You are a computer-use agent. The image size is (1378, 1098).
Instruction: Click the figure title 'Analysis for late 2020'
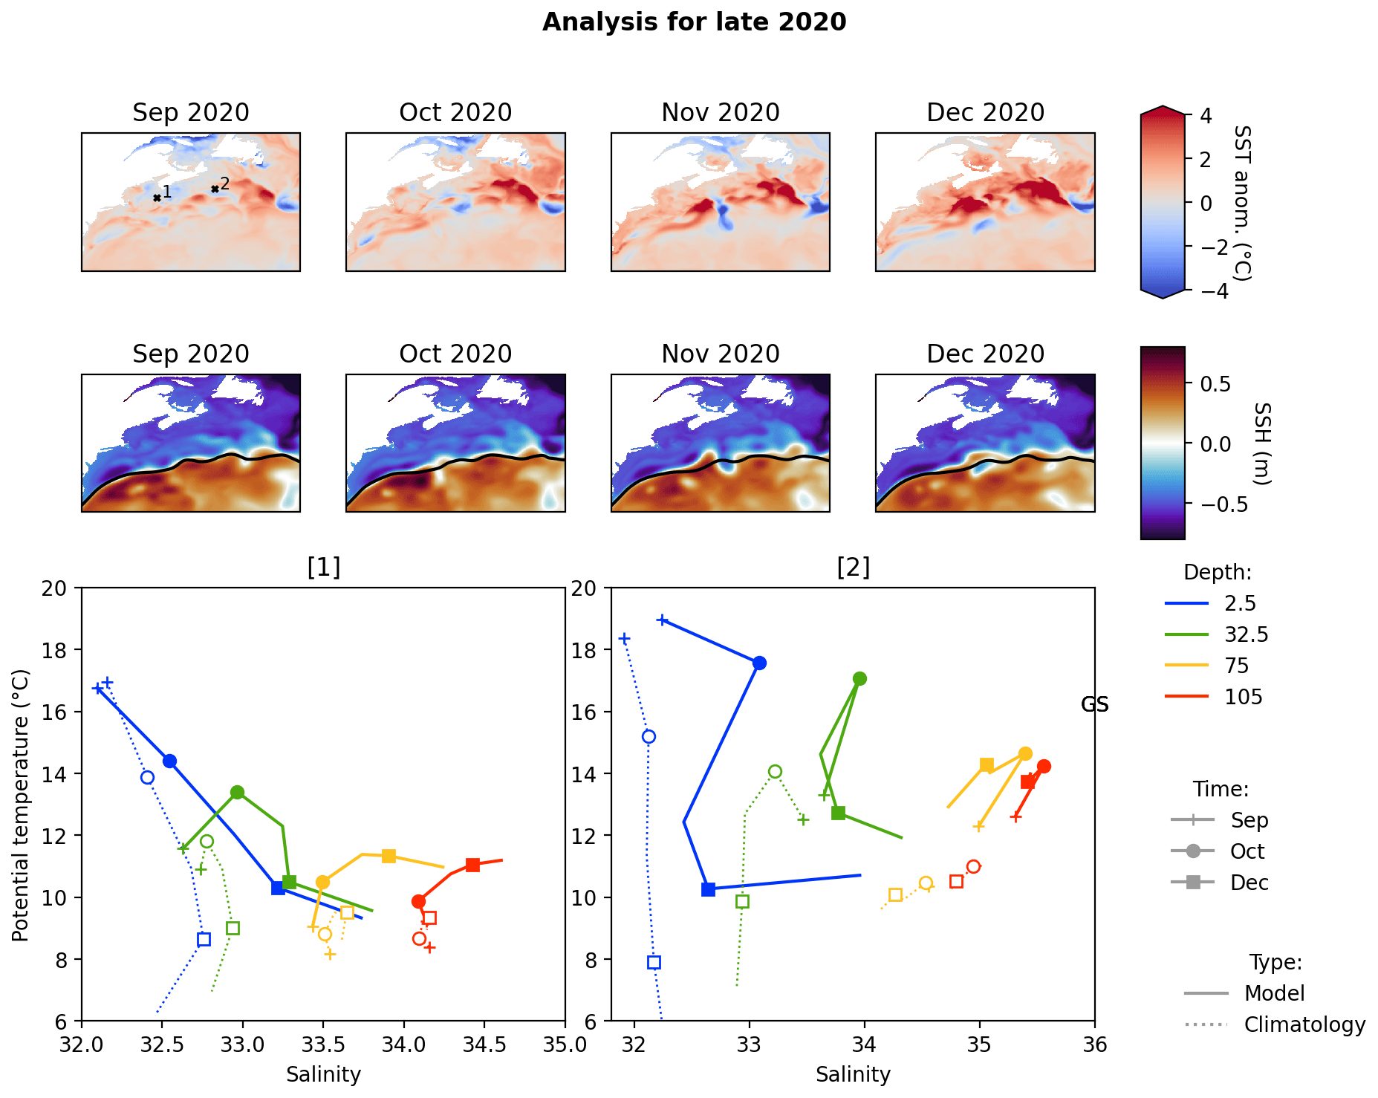tap(694, 22)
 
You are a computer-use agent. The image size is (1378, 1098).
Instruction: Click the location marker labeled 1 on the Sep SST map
tap(157, 198)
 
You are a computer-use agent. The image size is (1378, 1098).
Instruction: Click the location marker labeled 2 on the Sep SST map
tap(215, 189)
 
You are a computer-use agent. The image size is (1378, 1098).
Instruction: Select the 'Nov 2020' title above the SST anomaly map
tap(720, 113)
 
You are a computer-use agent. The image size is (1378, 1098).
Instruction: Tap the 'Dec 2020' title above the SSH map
tap(985, 354)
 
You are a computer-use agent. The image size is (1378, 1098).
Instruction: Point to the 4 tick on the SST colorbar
tap(1205, 116)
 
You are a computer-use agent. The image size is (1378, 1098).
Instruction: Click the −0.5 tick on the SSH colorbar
tap(1215, 504)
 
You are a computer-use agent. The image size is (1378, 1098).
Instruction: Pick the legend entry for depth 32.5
tap(1246, 634)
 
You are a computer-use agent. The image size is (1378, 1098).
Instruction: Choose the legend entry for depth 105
tap(1243, 697)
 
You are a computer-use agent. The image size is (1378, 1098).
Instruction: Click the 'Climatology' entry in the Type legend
tap(1304, 1024)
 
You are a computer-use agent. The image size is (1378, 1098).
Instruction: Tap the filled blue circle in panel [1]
tap(169, 761)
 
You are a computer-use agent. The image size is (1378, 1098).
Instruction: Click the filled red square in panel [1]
tap(472, 865)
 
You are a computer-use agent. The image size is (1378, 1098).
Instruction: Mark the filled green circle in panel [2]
tap(859, 678)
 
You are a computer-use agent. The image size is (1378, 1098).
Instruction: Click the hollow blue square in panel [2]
tap(654, 962)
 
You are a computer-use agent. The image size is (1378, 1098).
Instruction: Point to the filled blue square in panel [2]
tap(708, 889)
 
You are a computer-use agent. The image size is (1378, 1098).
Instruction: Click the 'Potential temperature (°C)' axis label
tap(21, 804)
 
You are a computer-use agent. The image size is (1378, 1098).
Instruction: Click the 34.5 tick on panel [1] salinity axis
tap(484, 1044)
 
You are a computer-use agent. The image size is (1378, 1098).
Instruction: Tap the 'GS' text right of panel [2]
tap(1094, 704)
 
